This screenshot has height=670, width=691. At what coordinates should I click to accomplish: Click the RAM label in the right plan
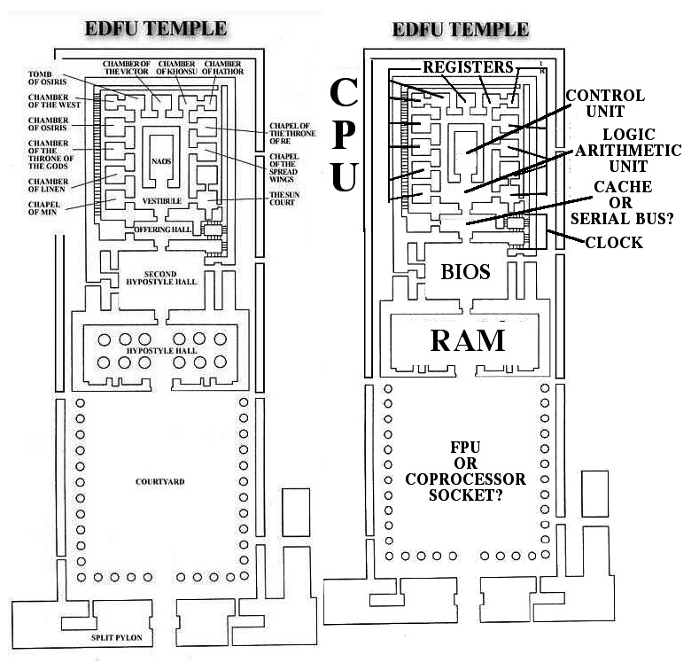pyautogui.click(x=468, y=339)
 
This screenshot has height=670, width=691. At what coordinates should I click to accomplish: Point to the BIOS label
pyautogui.click(x=466, y=271)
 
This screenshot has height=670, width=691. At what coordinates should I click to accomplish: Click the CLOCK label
pyautogui.click(x=613, y=242)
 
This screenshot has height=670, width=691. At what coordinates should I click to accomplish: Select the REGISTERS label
pyautogui.click(x=468, y=66)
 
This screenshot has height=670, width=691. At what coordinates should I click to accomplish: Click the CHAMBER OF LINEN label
pyautogui.click(x=42, y=182)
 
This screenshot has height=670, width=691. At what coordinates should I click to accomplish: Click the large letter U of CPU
pyautogui.click(x=345, y=175)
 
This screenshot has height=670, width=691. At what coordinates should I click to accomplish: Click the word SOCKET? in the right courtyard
pyautogui.click(x=465, y=495)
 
